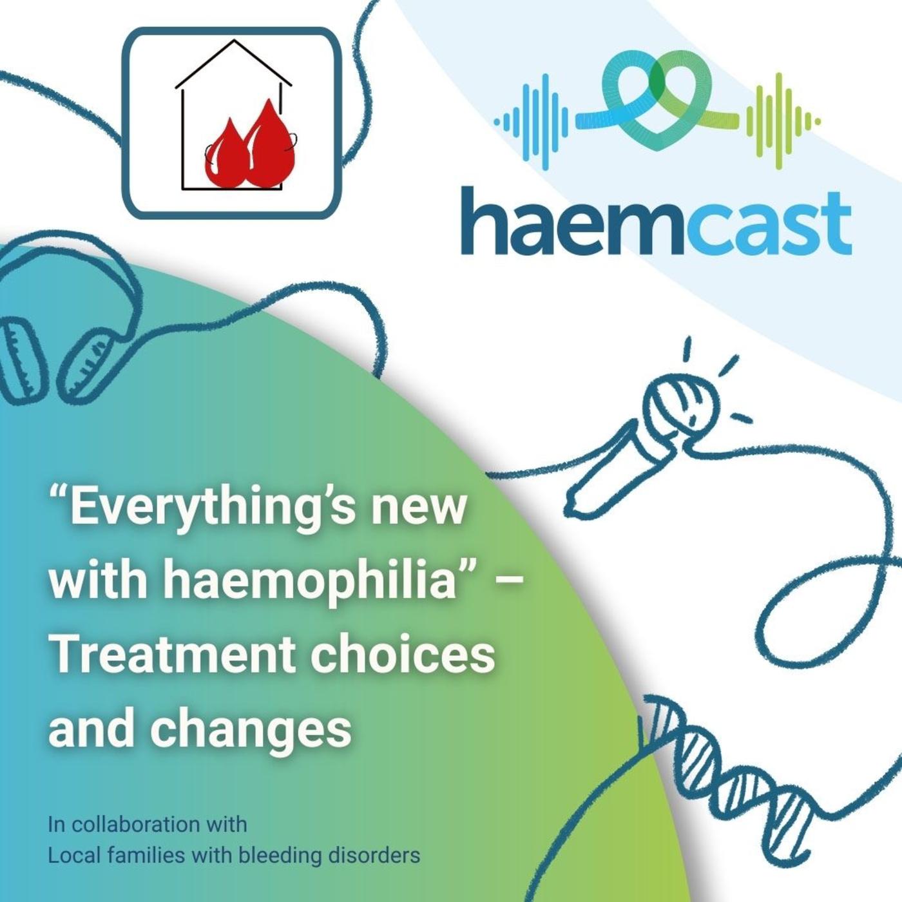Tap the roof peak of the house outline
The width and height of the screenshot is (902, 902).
pyautogui.click(x=234, y=40)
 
